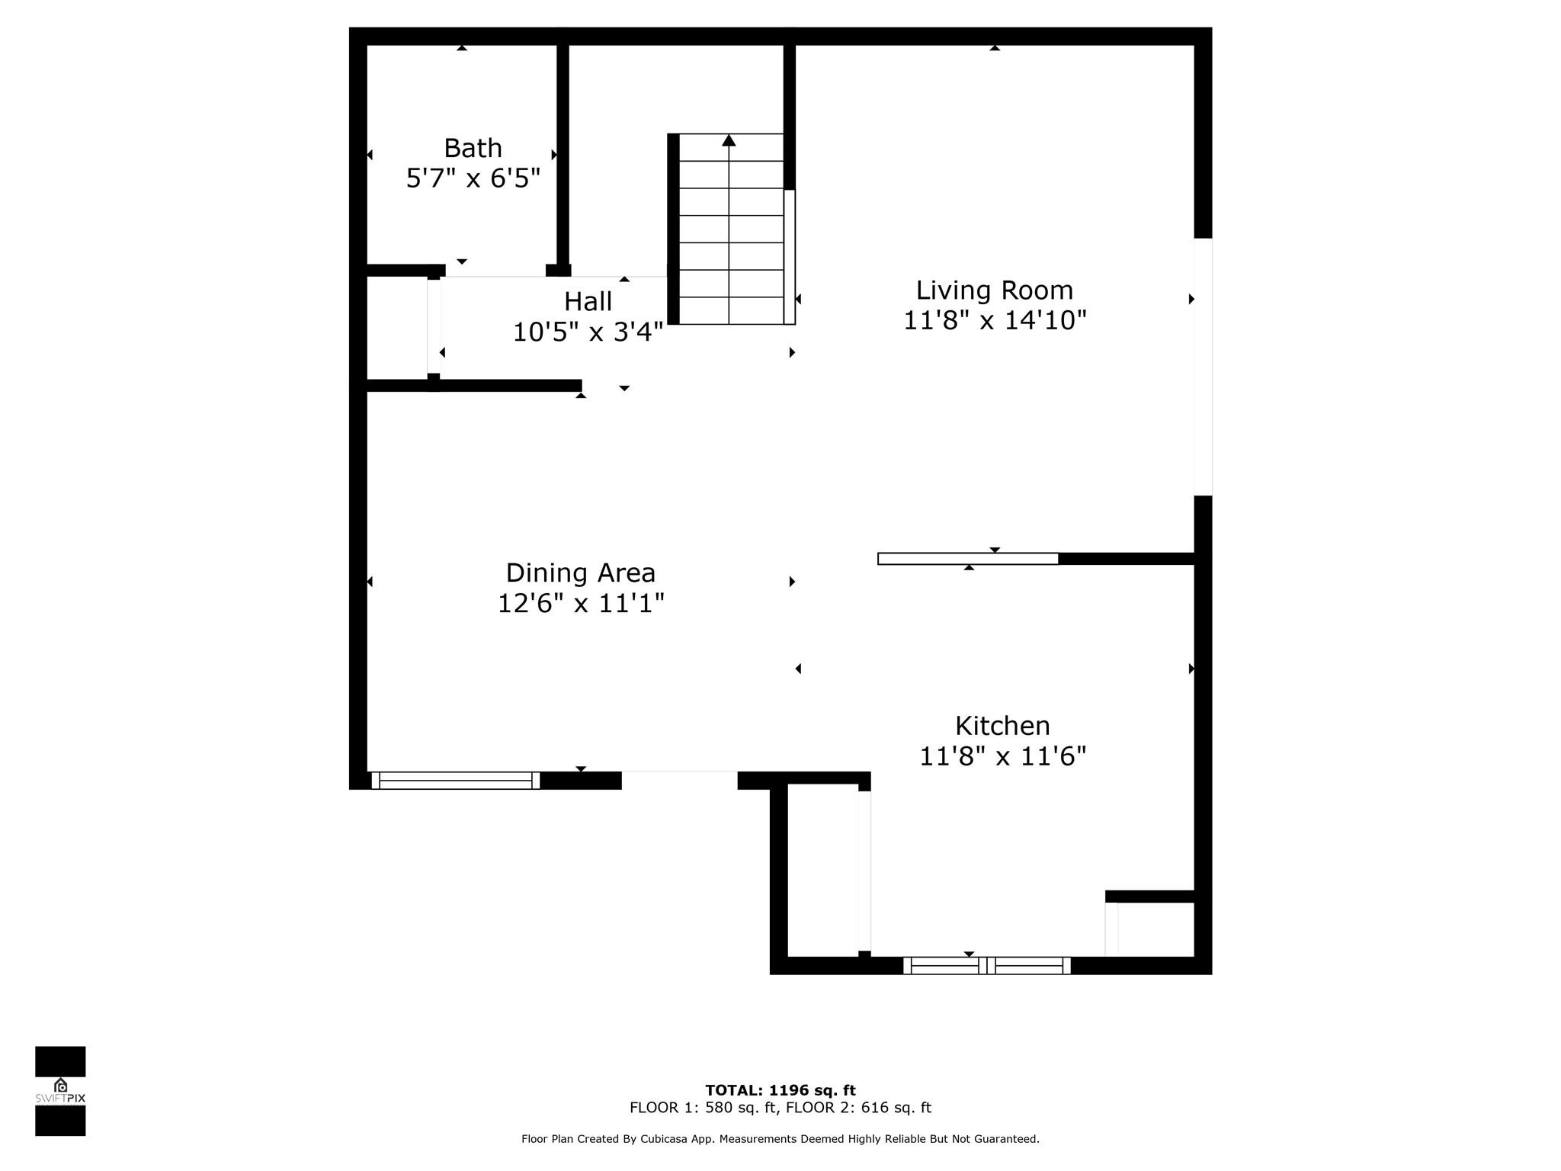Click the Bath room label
(x=473, y=147)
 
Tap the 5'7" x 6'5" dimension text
(x=473, y=178)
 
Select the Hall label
(x=588, y=301)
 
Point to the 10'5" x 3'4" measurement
(x=588, y=332)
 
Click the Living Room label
(x=994, y=290)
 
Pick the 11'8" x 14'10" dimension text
(x=994, y=320)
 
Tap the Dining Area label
(x=580, y=573)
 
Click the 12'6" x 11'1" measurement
(x=580, y=604)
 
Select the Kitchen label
(x=1002, y=725)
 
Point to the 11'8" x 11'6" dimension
(x=1002, y=756)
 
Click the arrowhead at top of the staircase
(x=729, y=140)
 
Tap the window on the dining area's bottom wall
(x=455, y=780)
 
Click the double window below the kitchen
(x=986, y=965)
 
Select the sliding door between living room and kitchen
(x=968, y=559)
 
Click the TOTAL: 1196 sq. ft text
(x=780, y=1090)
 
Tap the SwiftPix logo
(x=60, y=1091)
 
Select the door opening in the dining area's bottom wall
(x=679, y=780)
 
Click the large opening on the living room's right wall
(x=1203, y=367)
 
